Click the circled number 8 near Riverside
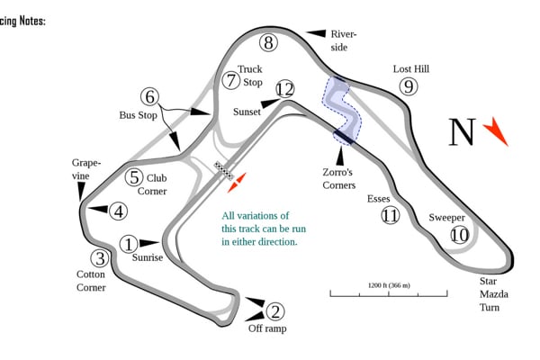pos(267,42)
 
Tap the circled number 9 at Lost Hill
pos(409,86)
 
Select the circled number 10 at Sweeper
pos(460,235)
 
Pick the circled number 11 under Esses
pos(390,216)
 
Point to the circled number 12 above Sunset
pos(285,88)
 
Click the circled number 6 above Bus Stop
pos(149,96)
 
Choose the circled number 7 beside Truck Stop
pos(231,80)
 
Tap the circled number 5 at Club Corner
pos(134,177)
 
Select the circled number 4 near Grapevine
pos(118,211)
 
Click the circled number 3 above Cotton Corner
pos(100,258)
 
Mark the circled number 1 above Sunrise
pos(130,243)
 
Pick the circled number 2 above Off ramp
pos(275,311)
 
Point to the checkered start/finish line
pos(222,169)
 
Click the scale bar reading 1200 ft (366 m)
pos(388,292)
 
